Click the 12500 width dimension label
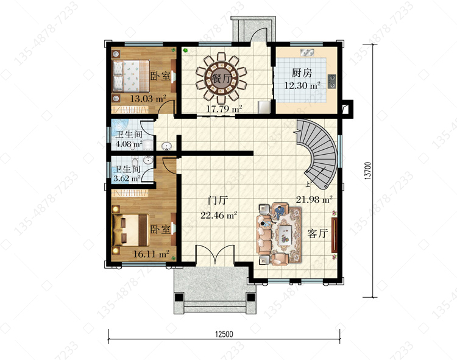pyautogui.click(x=224, y=333)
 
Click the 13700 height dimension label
pyautogui.click(x=368, y=171)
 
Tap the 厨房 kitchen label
pyautogui.click(x=302, y=73)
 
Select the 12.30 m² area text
pyautogui.click(x=302, y=85)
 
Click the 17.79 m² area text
pyautogui.click(x=224, y=109)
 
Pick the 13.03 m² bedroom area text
pyautogui.click(x=148, y=99)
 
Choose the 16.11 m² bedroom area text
pyautogui.click(x=151, y=254)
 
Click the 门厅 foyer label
pyautogui.click(x=218, y=200)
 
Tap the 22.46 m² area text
pyautogui.click(x=219, y=215)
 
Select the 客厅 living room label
pyautogui.click(x=317, y=233)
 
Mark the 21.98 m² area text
pyautogui.click(x=314, y=200)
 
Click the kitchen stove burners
pyautogui.click(x=331, y=81)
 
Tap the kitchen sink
pyautogui.click(x=307, y=53)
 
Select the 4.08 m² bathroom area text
pyautogui.click(x=129, y=144)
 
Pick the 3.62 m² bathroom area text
pyautogui.click(x=127, y=178)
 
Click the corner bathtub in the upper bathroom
pyautogui.click(x=119, y=127)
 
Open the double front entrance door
pyautogui.click(x=215, y=255)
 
